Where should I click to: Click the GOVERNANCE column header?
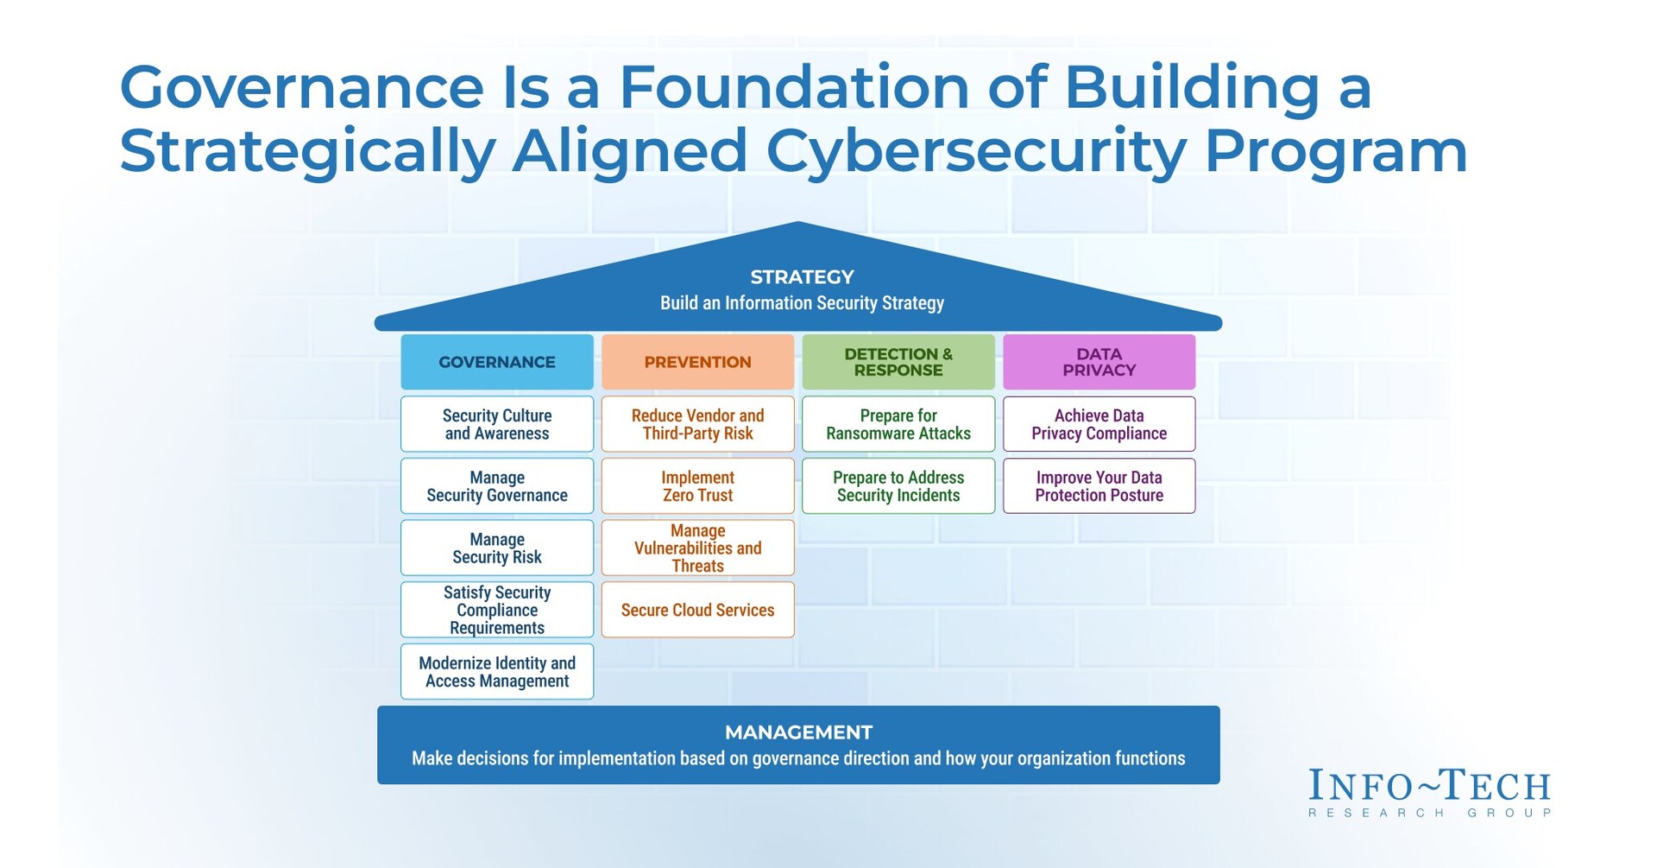(x=496, y=362)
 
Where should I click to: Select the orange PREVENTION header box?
(x=697, y=362)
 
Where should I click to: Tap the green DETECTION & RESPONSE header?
(x=898, y=362)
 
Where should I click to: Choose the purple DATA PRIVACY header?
(x=1099, y=362)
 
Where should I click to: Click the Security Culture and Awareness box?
(x=496, y=424)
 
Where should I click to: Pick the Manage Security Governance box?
(x=496, y=486)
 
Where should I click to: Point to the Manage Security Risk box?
(x=496, y=548)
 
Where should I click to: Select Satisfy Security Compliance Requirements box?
(x=496, y=610)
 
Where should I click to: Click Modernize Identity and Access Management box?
(x=496, y=671)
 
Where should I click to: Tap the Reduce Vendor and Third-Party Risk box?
(x=697, y=424)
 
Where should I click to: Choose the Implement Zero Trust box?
(x=697, y=486)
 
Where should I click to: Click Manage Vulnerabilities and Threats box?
(x=697, y=548)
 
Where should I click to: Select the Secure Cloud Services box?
(x=697, y=610)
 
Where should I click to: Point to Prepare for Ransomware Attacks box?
(x=898, y=424)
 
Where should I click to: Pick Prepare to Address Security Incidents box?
(x=898, y=486)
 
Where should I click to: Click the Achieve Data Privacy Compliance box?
(x=1099, y=424)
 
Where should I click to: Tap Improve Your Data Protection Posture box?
(x=1099, y=486)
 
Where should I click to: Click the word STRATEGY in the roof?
(x=802, y=277)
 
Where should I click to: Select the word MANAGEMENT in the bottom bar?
(x=798, y=732)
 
